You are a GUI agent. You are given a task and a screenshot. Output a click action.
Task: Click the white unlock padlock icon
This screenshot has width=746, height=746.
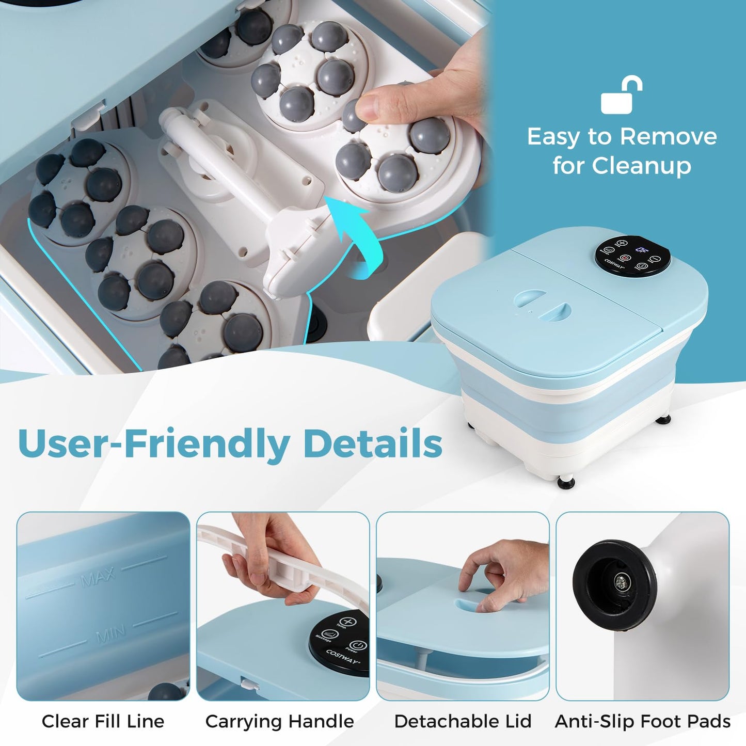[621, 96]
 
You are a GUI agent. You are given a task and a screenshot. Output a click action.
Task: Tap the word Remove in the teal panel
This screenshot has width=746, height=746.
[668, 137]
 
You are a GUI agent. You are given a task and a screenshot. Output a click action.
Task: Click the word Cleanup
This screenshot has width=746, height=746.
[641, 166]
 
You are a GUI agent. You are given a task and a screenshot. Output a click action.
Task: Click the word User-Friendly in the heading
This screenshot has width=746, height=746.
[154, 443]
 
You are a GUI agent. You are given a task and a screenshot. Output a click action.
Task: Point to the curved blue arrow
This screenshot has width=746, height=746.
[356, 238]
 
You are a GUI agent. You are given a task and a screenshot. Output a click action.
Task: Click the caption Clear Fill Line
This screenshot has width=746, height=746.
[103, 721]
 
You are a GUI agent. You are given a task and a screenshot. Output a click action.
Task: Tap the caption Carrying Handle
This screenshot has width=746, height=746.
[279, 721]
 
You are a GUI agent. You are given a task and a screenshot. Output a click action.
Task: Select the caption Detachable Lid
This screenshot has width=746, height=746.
[463, 721]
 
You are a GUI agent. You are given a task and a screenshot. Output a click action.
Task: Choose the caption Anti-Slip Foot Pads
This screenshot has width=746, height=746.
[642, 721]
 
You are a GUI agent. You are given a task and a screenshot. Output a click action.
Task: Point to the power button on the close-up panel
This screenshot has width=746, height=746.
[358, 645]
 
